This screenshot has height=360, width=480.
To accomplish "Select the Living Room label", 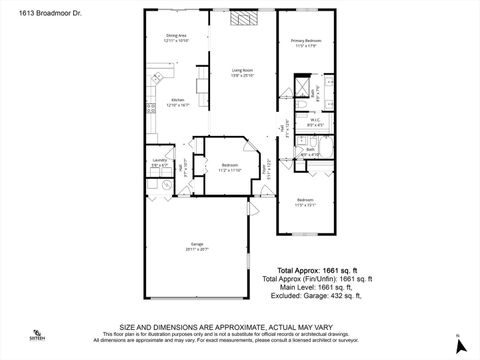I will point(243,72).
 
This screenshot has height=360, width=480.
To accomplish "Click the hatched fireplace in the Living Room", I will point(242,18).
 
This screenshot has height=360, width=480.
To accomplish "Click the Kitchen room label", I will point(178,102).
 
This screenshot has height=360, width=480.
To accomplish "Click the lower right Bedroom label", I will point(305,202).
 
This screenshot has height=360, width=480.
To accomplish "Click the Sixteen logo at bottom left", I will point(37,335).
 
